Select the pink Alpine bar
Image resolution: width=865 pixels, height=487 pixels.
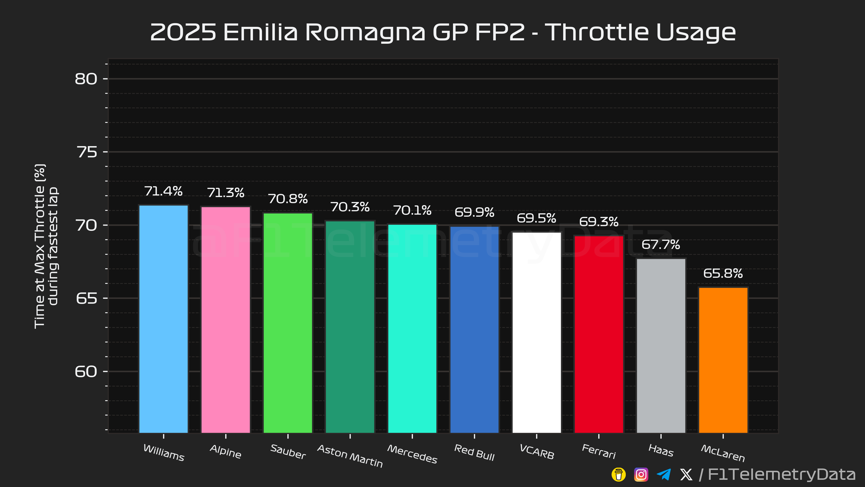pos(226,320)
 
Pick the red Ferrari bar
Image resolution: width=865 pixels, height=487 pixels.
pos(599,334)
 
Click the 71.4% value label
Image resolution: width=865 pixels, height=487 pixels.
pos(164,191)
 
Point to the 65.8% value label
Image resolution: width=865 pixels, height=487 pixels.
pos(723,273)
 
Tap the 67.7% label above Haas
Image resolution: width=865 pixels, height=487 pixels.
pos(661,244)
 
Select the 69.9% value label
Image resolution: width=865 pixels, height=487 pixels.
pos(474,212)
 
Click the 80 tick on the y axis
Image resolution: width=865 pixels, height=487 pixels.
pos(86,79)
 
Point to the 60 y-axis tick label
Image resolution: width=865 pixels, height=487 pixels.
pos(86,371)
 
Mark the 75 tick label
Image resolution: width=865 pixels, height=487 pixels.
pos(87,152)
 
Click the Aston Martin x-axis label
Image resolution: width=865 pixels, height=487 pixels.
pos(350,456)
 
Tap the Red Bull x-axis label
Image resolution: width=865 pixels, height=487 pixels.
pos(474,452)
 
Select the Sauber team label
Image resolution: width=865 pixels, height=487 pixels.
pos(288,452)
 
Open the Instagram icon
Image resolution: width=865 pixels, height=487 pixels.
pos(641,475)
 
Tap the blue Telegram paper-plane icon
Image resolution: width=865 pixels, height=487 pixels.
pos(664,475)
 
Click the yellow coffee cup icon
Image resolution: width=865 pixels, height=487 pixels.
pos(619,475)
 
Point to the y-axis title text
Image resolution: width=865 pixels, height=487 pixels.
pos(46,246)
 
